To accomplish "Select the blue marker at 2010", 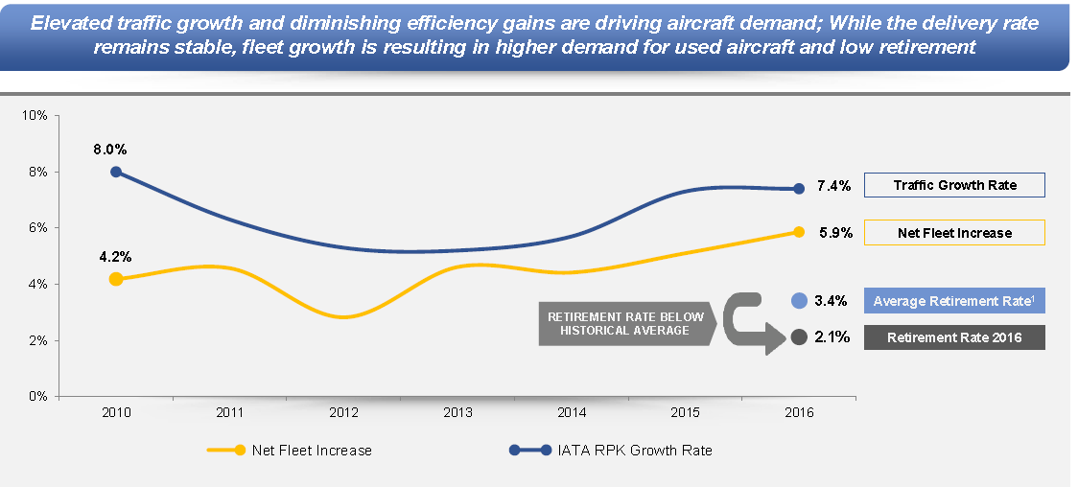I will [116, 172].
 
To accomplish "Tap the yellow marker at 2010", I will [116, 279].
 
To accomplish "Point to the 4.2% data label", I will [115, 257].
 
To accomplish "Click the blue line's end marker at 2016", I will [799, 189].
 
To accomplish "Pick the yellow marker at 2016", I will [799, 231].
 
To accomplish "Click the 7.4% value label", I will [833, 186].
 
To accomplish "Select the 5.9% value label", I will [833, 232].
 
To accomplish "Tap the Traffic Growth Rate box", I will [954, 185].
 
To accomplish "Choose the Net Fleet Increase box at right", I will [954, 232].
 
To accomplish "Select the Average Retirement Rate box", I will [954, 301].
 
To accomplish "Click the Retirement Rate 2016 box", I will [954, 337].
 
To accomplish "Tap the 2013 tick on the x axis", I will [457, 412].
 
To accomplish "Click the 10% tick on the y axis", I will [35, 115].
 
